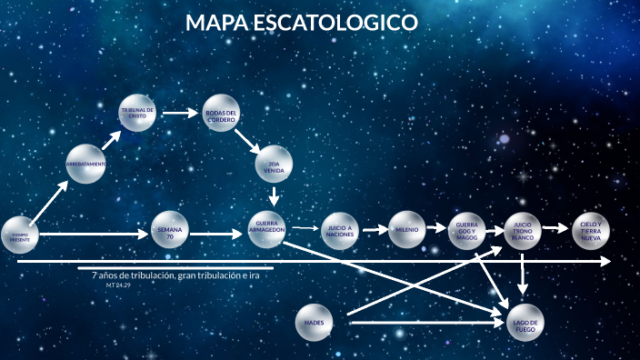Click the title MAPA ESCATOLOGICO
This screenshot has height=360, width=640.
pyautogui.click(x=301, y=22)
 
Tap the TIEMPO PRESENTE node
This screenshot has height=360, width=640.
pyautogui.click(x=20, y=235)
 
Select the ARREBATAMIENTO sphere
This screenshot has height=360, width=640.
pyautogui.click(x=86, y=164)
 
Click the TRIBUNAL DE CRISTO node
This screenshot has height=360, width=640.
pyautogui.click(x=137, y=113)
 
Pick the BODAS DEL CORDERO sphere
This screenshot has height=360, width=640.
pyautogui.click(x=221, y=113)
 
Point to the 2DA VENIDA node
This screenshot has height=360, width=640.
pyautogui.click(x=274, y=165)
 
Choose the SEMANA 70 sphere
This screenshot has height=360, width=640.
pyautogui.click(x=170, y=231)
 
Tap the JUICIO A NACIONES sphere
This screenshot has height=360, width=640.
pyautogui.click(x=339, y=231)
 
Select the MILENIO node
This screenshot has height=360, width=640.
pyautogui.click(x=406, y=230)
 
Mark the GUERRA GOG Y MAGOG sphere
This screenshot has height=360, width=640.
pyautogui.click(x=467, y=233)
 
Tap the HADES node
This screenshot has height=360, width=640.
pyautogui.click(x=315, y=323)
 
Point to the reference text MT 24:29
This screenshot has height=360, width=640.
pyautogui.click(x=118, y=285)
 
